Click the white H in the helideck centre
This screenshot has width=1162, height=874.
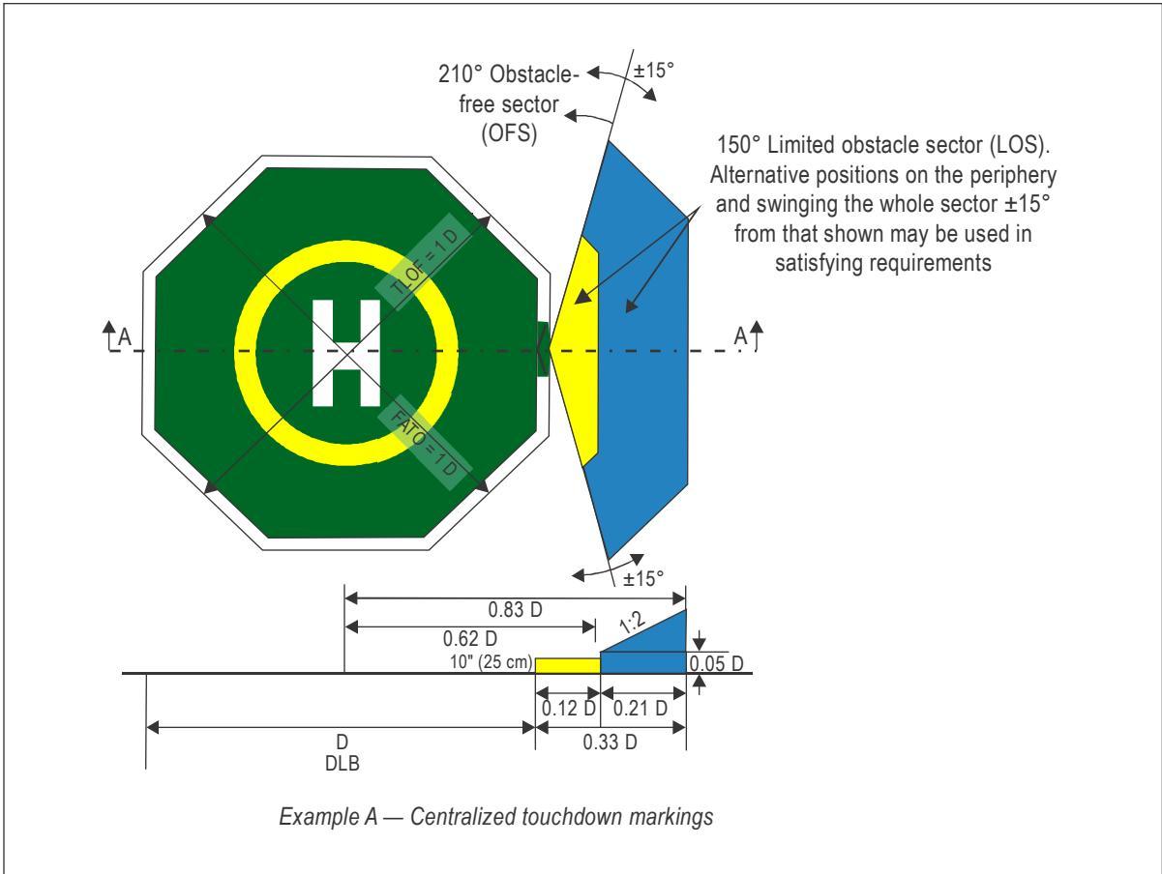(346, 353)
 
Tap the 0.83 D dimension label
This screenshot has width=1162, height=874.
(515, 610)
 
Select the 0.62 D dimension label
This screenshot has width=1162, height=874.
(470, 639)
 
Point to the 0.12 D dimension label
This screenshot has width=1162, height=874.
(569, 709)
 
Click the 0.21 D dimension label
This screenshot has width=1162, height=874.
(641, 709)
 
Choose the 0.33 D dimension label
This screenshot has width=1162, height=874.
(610, 743)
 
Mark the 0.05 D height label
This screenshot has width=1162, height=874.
(716, 663)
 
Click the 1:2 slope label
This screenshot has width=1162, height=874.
(632, 623)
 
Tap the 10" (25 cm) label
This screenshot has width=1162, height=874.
(491, 661)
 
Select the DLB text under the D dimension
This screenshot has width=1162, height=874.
(342, 764)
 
